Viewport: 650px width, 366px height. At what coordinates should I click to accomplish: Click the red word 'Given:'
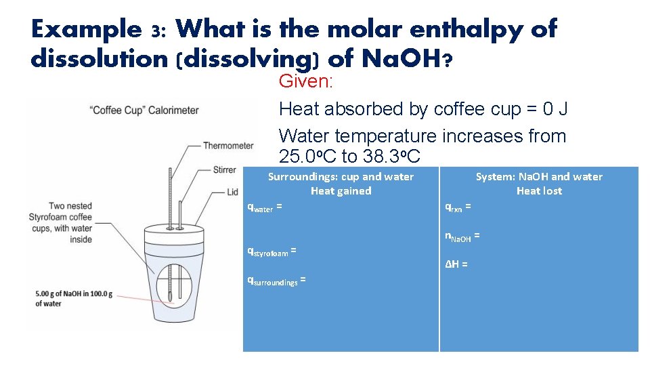307,82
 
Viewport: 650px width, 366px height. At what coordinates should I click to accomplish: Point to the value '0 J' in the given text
552,108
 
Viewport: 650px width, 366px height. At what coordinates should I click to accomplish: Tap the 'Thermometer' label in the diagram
228,145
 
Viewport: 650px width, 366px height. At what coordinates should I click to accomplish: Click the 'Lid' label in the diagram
232,192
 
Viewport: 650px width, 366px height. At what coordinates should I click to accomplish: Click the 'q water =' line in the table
265,208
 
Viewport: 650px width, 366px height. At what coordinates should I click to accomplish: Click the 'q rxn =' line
458,207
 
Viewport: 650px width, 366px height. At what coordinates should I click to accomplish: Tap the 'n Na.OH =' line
462,237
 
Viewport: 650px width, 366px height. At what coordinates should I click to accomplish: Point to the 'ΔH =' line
456,264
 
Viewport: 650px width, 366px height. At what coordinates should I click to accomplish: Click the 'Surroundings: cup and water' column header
341,177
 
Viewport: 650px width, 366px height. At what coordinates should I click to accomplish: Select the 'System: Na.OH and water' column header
539,177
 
